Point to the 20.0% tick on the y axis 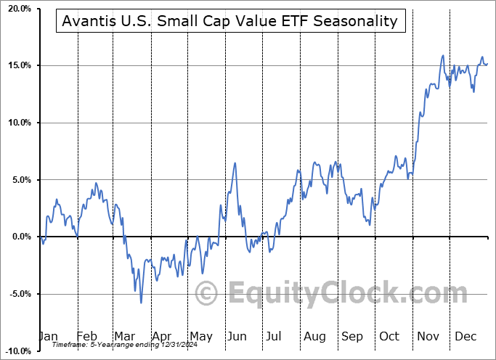(17, 9)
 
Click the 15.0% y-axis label (17, 65)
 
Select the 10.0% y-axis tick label (17, 123)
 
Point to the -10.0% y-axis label (15, 351)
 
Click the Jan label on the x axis (48, 336)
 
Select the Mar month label (123, 336)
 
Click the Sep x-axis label (352, 336)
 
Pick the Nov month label (428, 336)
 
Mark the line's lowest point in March (141, 302)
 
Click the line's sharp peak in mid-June (235, 163)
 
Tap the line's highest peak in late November (442, 55)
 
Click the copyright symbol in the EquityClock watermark (208, 293)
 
